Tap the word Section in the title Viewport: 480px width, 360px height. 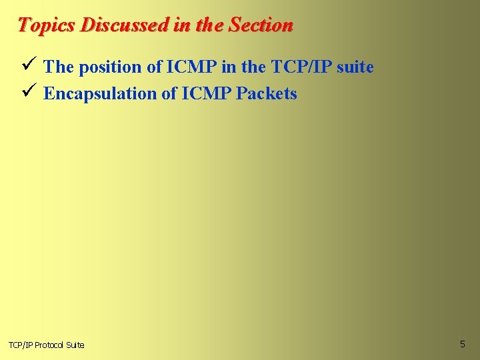261,25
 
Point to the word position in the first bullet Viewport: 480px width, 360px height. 107,67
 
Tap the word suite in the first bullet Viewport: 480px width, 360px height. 356,67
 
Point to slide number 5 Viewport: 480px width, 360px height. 462,344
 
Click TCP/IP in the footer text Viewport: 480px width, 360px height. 20,345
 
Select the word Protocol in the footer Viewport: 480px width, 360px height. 50,345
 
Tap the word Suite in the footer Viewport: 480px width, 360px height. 76,345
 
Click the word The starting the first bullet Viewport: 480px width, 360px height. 58,67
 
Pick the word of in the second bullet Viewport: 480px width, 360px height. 169,93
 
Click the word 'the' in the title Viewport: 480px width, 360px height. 210,25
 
